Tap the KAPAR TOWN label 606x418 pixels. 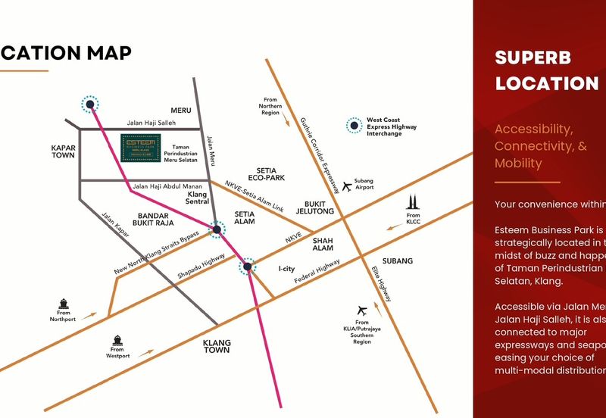[64, 151]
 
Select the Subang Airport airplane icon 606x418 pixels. [348, 186]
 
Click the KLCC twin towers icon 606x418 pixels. [413, 202]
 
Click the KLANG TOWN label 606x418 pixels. [216, 347]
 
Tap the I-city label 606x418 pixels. [286, 269]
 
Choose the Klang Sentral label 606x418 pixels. [197, 198]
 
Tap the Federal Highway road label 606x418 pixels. [317, 273]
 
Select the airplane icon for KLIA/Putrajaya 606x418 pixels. [361, 310]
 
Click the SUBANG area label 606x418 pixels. [397, 261]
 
